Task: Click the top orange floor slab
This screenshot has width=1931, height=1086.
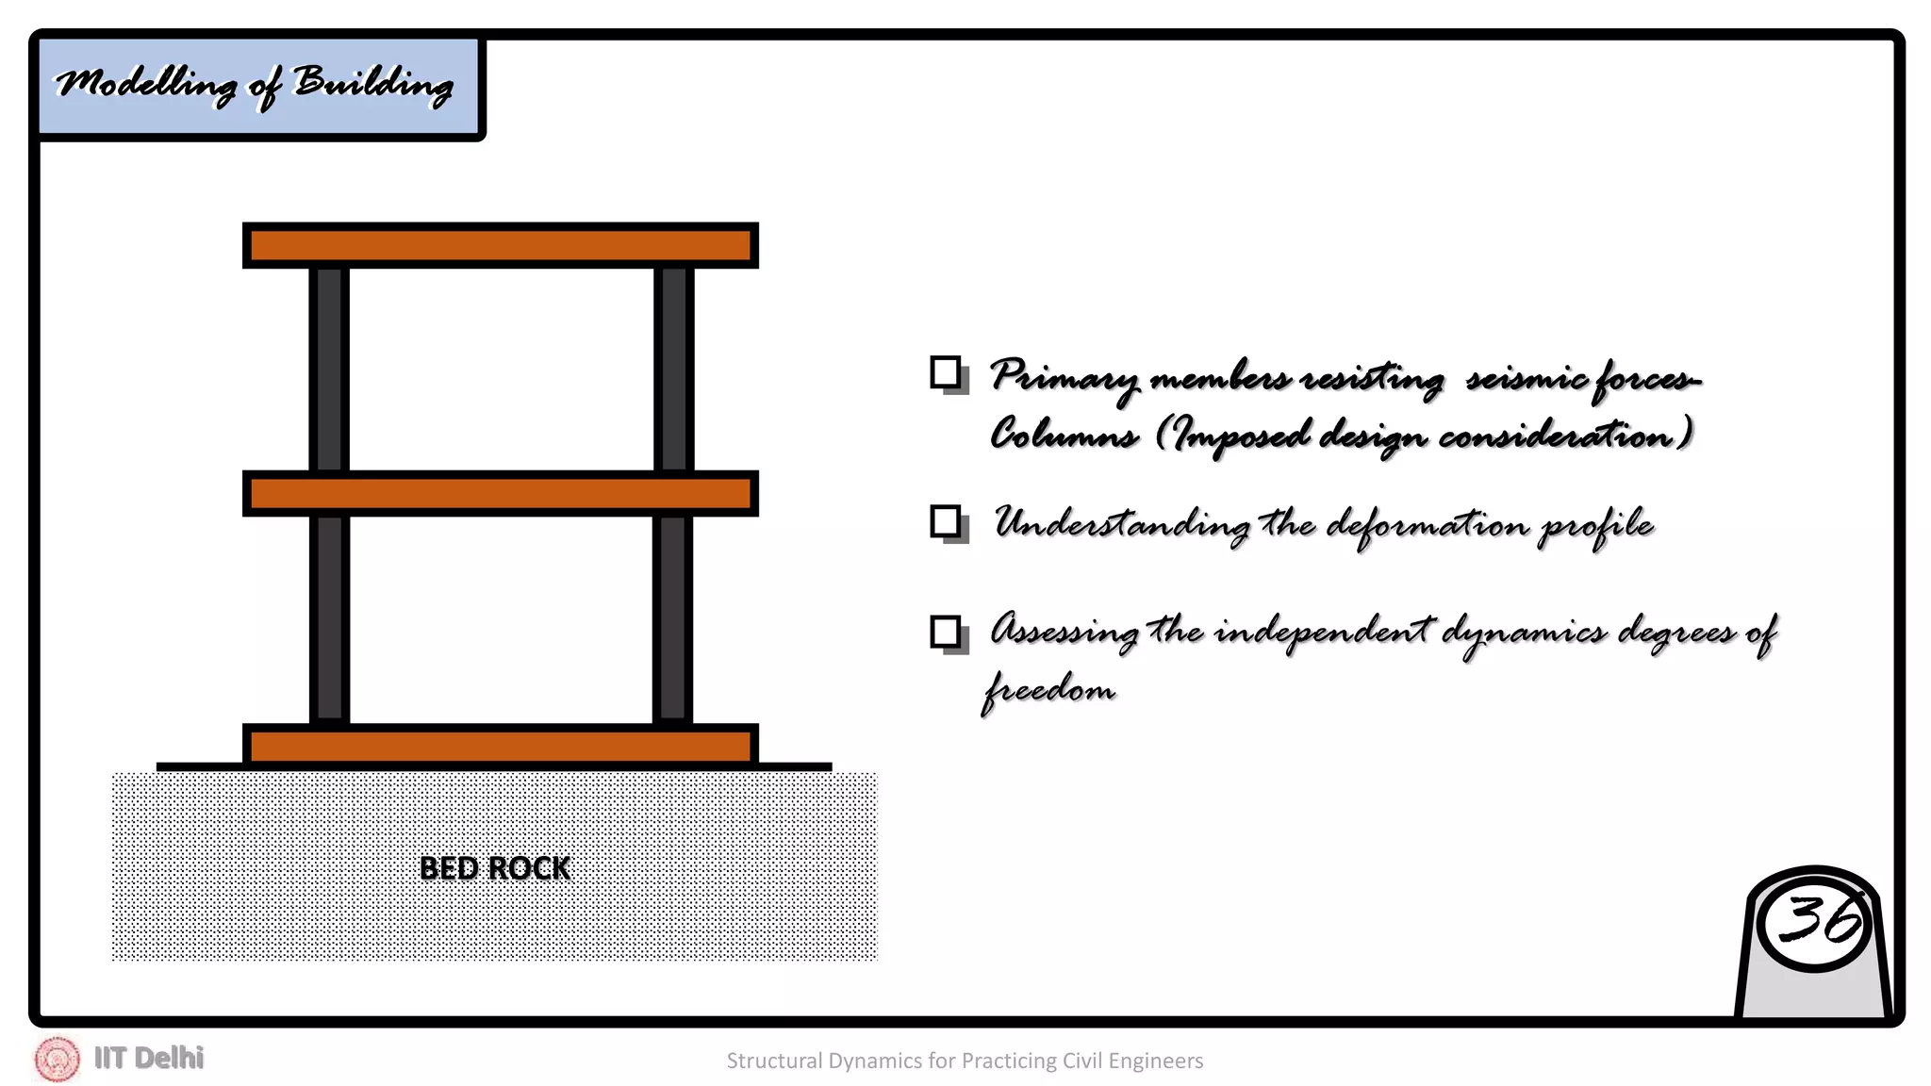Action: coord(501,246)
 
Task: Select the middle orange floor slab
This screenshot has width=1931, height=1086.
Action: coord(501,494)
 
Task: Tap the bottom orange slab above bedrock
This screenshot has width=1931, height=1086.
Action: coord(501,747)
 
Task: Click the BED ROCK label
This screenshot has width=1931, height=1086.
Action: coord(494,868)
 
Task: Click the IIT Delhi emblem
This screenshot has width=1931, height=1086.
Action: coord(58,1059)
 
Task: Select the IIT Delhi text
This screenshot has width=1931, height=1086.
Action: coord(149,1058)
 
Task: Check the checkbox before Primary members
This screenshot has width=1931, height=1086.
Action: coord(946,372)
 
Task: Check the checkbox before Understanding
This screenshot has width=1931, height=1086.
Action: coord(946,521)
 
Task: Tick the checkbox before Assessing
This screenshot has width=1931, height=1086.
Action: coord(946,632)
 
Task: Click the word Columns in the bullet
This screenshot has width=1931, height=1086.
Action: coord(1064,435)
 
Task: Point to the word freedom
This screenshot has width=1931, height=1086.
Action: coord(1048,689)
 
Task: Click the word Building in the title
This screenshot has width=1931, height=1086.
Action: coord(373,84)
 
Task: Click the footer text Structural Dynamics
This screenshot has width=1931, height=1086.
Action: coord(965,1061)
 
